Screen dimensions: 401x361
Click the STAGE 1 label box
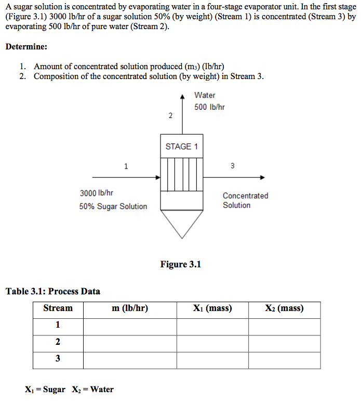point(181,147)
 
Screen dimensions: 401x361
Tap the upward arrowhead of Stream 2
point(182,97)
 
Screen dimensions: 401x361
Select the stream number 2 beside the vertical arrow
point(170,115)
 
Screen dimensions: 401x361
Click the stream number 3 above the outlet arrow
point(232,166)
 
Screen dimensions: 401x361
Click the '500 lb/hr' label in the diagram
point(209,107)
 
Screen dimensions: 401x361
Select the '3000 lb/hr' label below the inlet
point(97,193)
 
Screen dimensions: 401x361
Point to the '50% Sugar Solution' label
point(113,206)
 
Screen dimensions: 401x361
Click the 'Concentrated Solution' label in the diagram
point(245,200)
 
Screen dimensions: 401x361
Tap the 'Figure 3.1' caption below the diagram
point(180,264)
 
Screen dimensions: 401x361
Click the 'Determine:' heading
point(26,47)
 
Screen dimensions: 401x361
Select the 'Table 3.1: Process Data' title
point(53,291)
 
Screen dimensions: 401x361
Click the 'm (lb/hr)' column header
point(130,308)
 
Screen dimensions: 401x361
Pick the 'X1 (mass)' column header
point(212,308)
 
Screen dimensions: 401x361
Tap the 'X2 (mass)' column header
point(284,308)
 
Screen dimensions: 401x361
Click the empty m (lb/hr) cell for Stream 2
point(130,342)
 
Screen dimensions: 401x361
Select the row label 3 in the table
point(58,358)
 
